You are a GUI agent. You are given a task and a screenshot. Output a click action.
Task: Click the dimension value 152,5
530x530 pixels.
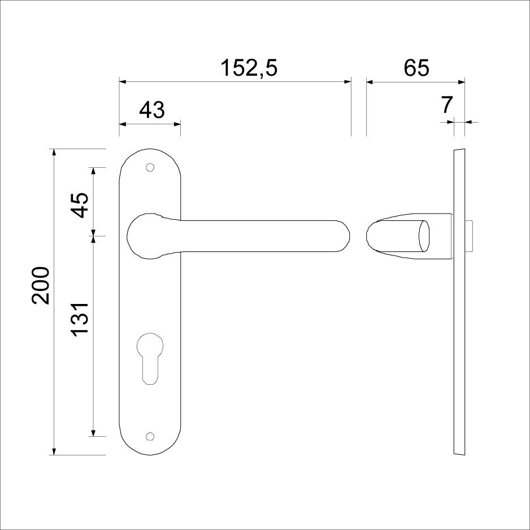click(x=249, y=68)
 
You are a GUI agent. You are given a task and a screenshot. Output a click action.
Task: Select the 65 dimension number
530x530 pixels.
click(x=416, y=68)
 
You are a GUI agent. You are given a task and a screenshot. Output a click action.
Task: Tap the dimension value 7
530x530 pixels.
click(x=447, y=105)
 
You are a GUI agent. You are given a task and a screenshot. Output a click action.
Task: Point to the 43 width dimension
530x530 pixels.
click(x=152, y=110)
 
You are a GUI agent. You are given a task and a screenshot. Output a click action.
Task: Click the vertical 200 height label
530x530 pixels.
click(x=41, y=285)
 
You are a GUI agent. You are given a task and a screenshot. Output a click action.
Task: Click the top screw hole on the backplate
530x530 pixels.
click(x=150, y=167)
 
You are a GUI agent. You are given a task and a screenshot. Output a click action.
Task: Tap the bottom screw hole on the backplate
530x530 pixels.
click(x=150, y=436)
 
